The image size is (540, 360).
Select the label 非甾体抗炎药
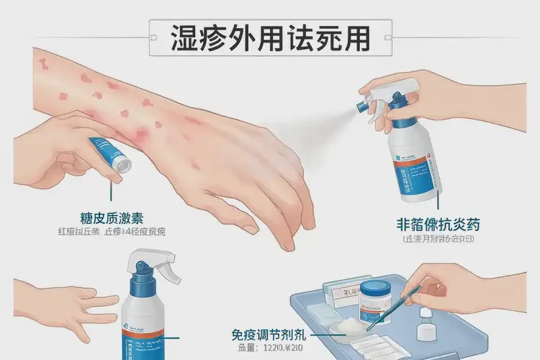(428, 224)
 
